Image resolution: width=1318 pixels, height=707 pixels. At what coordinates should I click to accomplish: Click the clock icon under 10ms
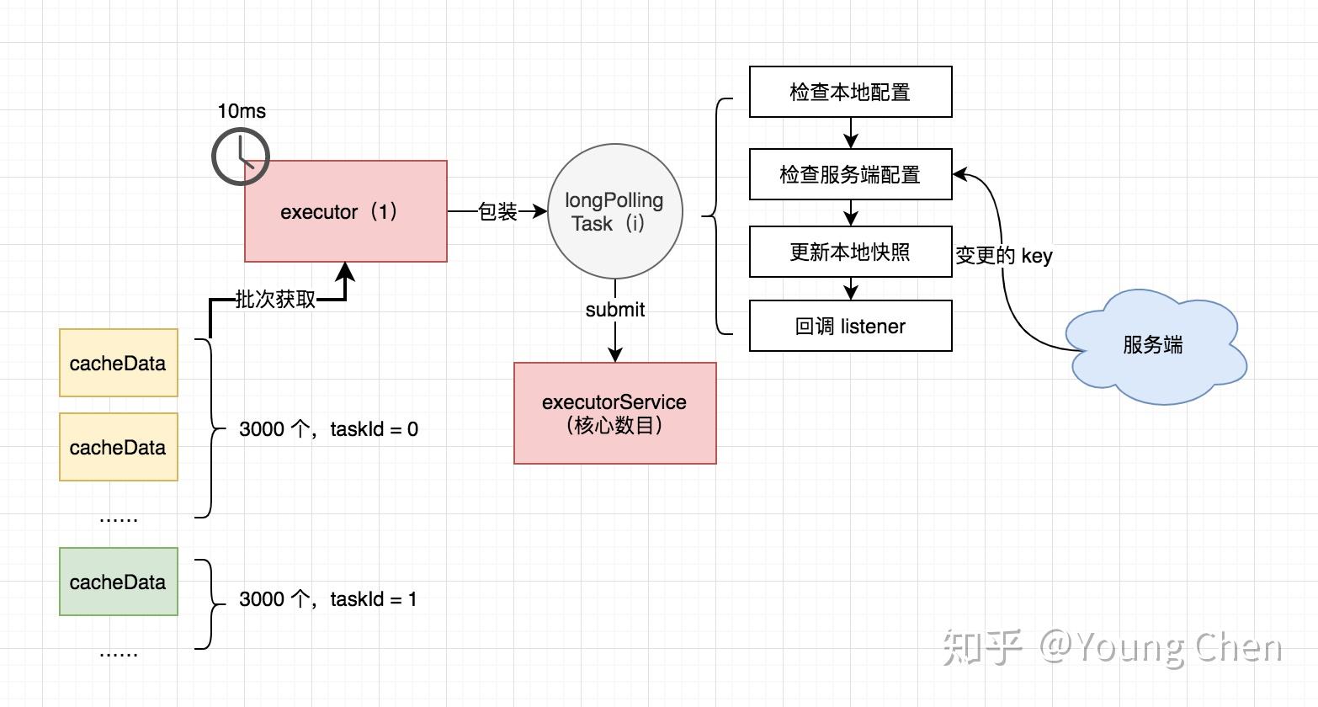tap(240, 157)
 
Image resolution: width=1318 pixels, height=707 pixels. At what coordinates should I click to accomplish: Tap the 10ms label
tap(242, 111)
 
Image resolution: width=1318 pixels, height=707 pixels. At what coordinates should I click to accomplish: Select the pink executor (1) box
tap(345, 211)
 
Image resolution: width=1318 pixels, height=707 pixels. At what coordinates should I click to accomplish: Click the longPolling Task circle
tap(614, 211)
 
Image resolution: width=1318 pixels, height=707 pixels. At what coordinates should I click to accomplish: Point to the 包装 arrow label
tap(497, 211)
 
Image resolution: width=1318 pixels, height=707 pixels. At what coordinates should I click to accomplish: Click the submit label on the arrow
tap(614, 310)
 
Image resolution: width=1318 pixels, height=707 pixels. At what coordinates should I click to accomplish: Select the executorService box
tap(614, 413)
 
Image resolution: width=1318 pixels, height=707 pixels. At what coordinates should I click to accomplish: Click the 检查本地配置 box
tap(850, 92)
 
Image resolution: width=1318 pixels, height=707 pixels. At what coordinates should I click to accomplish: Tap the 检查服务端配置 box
tap(850, 174)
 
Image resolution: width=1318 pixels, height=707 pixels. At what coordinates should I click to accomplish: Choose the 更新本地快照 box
tap(850, 252)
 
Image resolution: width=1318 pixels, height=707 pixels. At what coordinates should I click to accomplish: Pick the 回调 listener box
tap(850, 326)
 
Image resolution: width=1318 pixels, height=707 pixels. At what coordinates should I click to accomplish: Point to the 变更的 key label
tap(1003, 255)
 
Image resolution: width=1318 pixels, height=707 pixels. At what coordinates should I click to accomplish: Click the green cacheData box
tap(118, 582)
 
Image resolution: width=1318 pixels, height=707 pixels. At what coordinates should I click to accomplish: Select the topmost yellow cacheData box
tap(118, 363)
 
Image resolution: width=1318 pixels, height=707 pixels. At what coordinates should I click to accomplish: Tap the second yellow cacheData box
tap(118, 447)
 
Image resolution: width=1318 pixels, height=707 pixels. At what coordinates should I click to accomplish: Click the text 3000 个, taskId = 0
tap(328, 429)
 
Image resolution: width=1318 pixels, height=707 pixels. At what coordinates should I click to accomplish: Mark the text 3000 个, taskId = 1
tap(328, 599)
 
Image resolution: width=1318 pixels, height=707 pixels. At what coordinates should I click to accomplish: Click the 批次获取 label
tap(275, 300)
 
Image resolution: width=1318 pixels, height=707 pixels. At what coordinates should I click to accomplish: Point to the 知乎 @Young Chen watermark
tap(1111, 646)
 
